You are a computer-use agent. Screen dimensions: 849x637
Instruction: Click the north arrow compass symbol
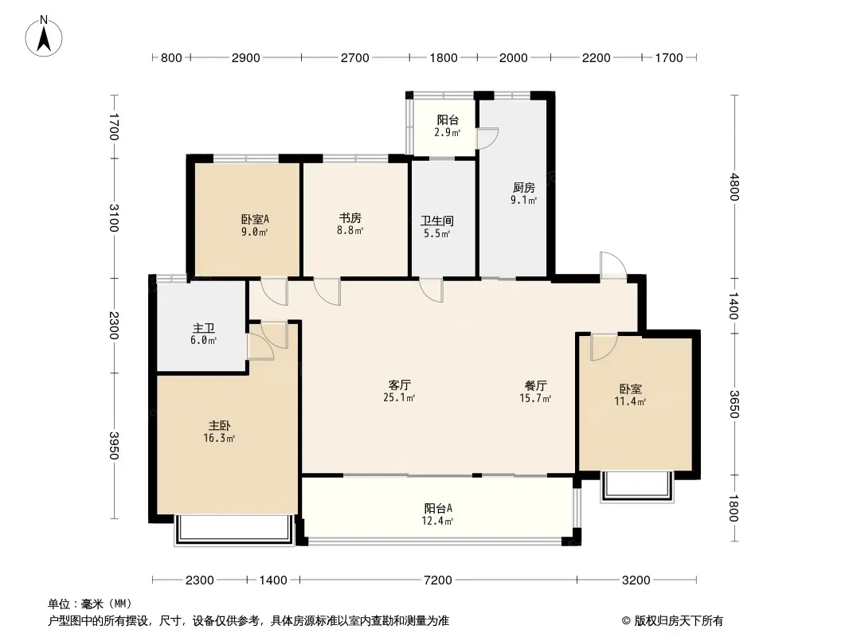point(44,37)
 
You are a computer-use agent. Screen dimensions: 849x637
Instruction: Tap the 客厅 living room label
point(400,385)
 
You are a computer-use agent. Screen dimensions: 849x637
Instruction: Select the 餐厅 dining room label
point(535,385)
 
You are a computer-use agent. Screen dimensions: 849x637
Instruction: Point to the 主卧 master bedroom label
point(219,426)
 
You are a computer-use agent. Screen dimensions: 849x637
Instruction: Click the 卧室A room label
point(255,219)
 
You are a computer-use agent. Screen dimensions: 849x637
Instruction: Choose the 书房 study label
point(350,217)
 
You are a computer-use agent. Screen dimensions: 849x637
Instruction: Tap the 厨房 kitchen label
point(523,187)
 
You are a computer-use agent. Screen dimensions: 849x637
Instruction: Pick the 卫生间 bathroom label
point(437,221)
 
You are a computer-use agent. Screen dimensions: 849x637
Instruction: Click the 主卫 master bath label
point(204,328)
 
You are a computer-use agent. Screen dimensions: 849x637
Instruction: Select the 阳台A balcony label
point(438,508)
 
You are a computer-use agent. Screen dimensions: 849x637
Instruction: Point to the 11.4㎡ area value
point(630,401)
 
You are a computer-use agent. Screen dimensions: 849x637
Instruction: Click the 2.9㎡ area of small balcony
point(448,132)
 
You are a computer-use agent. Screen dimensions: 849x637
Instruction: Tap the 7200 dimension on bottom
point(437,580)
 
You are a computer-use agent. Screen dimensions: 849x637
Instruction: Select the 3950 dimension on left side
point(114,445)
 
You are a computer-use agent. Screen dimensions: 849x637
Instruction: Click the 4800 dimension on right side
point(734,186)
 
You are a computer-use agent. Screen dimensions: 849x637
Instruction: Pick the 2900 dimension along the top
point(246,58)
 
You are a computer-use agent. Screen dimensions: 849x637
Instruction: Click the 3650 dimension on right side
point(734,404)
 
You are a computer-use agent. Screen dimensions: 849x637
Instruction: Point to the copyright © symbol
point(626,621)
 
